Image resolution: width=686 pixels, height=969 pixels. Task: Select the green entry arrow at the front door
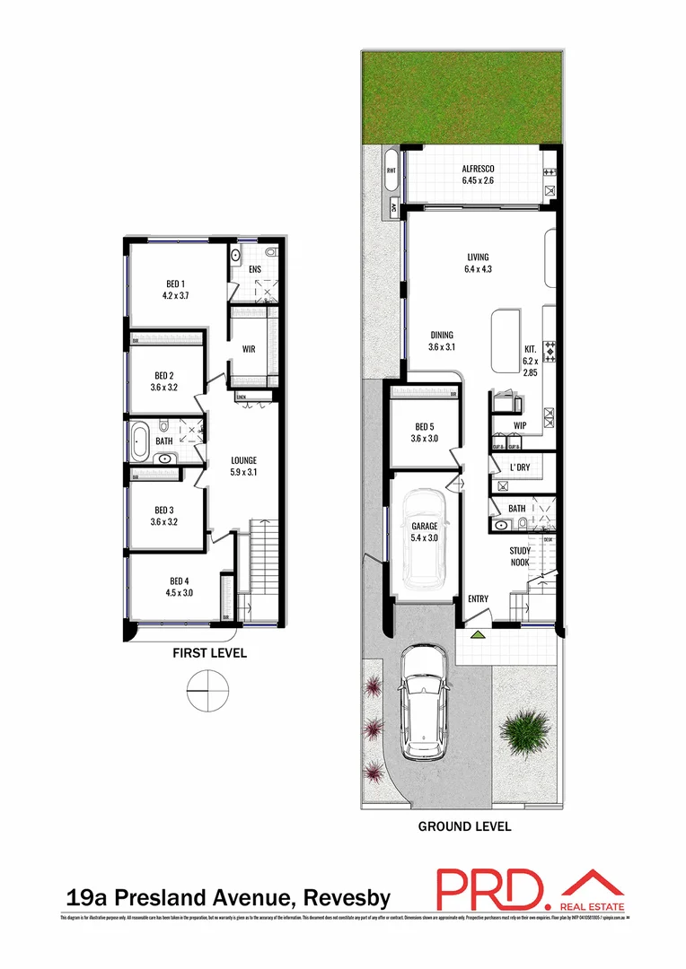[x=479, y=634]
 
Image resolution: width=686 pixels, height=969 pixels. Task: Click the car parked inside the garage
[x=425, y=536]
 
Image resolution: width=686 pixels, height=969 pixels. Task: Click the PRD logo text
[x=489, y=889]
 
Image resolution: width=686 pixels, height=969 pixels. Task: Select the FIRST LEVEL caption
[x=209, y=653]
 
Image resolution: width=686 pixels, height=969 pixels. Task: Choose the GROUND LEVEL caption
[x=464, y=826]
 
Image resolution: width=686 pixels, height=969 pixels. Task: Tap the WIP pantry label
[x=519, y=425]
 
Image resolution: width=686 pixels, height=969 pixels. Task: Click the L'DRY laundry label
[x=519, y=468]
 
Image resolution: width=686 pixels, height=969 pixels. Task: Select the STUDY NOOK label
[x=519, y=556]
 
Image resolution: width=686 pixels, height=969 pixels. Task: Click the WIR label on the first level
[x=249, y=350]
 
